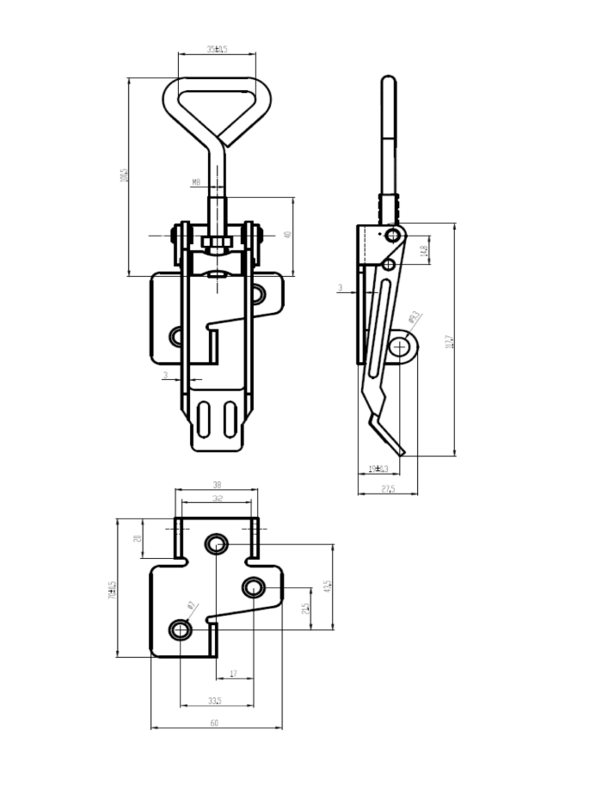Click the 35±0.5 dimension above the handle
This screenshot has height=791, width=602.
tap(217, 50)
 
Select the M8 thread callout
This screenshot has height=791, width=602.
tap(196, 182)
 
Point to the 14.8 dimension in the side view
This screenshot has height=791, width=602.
tap(423, 250)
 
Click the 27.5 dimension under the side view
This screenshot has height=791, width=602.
tap(387, 489)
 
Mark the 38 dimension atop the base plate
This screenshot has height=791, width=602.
tap(216, 485)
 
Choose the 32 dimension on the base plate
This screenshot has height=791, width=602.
tap(216, 499)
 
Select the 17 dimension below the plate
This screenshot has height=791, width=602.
tap(233, 674)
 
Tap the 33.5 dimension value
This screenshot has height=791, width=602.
tap(216, 701)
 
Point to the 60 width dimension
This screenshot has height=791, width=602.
tap(214, 723)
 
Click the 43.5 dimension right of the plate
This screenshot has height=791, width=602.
tap(327, 586)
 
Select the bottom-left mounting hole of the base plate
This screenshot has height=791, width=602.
tap(181, 630)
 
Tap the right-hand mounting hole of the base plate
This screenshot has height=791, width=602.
tap(252, 588)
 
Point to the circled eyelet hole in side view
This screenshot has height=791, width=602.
tap(400, 346)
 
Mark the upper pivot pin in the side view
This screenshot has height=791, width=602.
tap(392, 235)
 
